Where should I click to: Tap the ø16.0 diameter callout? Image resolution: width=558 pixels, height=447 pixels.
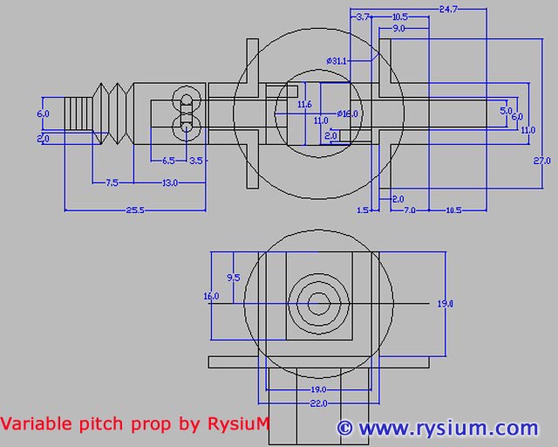tap(347, 113)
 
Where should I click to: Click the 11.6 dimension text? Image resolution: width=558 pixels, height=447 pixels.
tap(304, 105)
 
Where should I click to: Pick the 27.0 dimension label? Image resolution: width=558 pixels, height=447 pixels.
tap(541, 161)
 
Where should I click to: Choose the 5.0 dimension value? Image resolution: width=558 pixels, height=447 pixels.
tap(506, 111)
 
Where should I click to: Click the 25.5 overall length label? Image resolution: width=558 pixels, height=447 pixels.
tap(133, 210)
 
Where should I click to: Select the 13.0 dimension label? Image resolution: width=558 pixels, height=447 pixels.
tap(169, 182)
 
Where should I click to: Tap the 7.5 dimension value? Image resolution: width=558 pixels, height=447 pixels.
tap(112, 182)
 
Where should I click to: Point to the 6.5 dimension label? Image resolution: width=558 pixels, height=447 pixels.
tap(168, 161)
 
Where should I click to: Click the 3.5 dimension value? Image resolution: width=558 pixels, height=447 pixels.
tap(196, 161)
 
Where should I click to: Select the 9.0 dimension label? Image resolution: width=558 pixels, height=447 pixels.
tap(398, 28)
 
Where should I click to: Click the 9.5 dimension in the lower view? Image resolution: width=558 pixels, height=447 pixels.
tap(233, 277)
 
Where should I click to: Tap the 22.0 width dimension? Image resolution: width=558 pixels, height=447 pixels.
tap(319, 402)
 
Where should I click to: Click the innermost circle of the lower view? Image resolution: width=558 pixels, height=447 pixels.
tap(319, 304)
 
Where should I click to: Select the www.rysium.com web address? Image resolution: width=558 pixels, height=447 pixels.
tap(447, 428)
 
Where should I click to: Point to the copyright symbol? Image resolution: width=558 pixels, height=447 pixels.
tap(344, 428)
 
